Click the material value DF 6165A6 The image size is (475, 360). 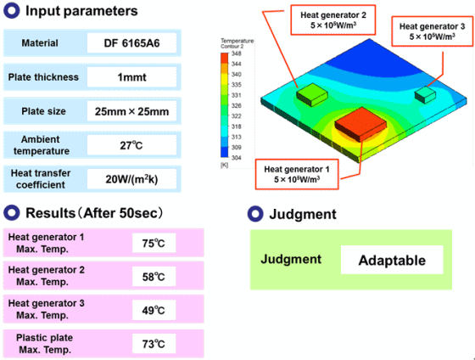tap(131, 43)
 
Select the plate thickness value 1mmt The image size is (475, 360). tap(131, 77)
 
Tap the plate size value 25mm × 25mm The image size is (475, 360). tap(131, 111)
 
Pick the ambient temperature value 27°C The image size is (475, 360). tap(131, 145)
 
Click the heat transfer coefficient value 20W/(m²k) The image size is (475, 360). tap(131, 179)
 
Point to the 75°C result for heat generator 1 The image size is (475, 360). tap(154, 243)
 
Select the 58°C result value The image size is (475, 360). tap(154, 277)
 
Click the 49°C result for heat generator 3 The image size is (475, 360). tap(154, 310)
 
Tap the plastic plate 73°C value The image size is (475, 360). tap(154, 344)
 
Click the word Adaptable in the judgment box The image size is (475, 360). tap(392, 260)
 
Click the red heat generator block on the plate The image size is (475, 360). tap(360, 124)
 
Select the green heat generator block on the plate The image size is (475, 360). tap(312, 94)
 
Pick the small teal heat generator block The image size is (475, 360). tap(425, 94)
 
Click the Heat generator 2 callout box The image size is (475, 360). tap(333, 20)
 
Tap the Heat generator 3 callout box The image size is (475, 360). tap(433, 31)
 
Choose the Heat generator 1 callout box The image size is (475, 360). tap(297, 174)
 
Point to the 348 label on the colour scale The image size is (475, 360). tap(237, 53)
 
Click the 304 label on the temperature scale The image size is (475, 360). tap(237, 158)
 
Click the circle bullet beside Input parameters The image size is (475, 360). tap(12, 11)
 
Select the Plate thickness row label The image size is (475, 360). tap(43, 77)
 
